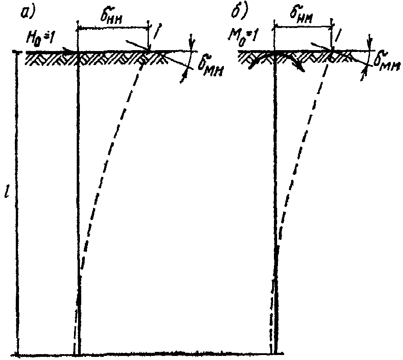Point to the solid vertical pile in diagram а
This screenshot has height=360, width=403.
point(79,203)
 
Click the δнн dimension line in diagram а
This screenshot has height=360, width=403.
point(113,28)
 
